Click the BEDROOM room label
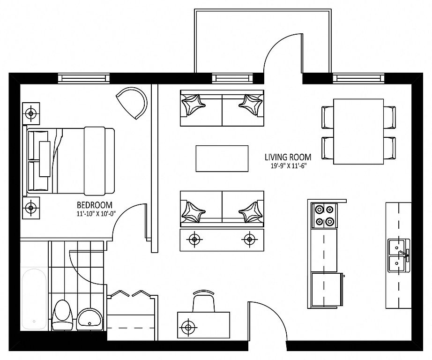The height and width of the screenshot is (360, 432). coord(95,205)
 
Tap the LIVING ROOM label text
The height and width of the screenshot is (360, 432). coord(288,157)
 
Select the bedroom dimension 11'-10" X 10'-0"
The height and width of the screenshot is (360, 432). coord(96,213)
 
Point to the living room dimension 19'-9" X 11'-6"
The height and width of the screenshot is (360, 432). coord(288,165)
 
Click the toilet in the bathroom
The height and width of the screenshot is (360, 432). coord(62,315)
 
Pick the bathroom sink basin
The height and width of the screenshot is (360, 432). coord(89,319)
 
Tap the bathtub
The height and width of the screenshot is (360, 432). coord(34,299)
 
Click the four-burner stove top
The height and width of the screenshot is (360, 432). coord(324,216)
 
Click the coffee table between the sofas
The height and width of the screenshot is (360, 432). coord(222,158)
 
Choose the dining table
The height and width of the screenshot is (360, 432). coord(358,132)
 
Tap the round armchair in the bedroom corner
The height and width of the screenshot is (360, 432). coord(132,103)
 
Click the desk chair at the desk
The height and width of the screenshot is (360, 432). coord(204,301)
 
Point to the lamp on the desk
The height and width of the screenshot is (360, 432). coord(188,327)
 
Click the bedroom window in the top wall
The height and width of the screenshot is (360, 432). coord(84,78)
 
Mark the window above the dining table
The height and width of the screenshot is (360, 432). coord(358,78)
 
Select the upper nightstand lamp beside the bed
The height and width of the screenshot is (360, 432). coord(31,113)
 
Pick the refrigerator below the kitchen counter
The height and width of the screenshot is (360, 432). coord(326,290)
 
